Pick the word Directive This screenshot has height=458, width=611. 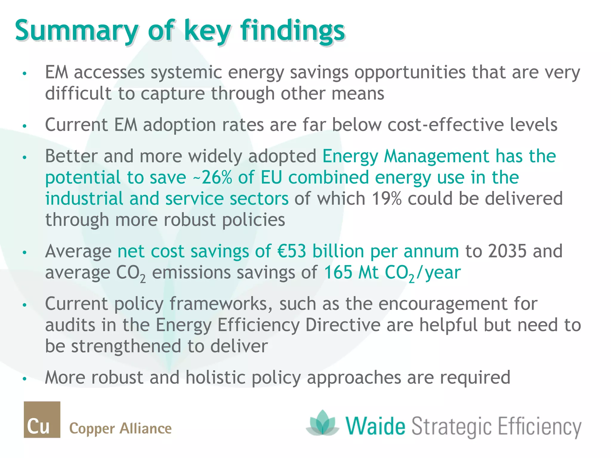coord(343,325)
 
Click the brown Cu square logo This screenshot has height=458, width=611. coord(42,420)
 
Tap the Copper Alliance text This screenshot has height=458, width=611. coord(120,428)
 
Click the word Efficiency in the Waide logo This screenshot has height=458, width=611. coord(539,427)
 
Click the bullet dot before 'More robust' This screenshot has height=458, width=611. coord(25,379)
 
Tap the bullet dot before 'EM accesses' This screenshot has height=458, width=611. coord(25,73)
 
